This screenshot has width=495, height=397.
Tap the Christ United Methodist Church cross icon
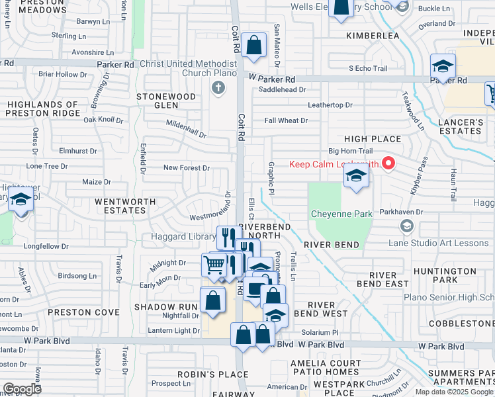pyautogui.click(x=218, y=87)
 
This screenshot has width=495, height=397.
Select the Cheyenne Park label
pyautogui.click(x=340, y=214)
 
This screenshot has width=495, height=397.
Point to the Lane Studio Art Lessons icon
pyautogui.click(x=406, y=227)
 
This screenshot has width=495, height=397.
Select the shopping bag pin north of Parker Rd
pyautogui.click(x=253, y=46)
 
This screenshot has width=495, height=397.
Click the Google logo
pyautogui.click(x=22, y=388)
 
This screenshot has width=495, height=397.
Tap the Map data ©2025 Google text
pyautogui.click(x=453, y=392)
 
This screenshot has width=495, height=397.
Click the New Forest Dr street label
pyautogui.click(x=187, y=168)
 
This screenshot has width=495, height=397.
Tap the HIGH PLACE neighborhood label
pyautogui.click(x=373, y=139)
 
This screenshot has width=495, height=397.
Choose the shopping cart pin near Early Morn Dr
pyautogui.click(x=214, y=265)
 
